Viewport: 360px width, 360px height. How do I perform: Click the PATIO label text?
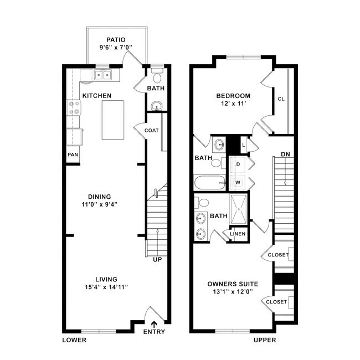click(x=116, y=40)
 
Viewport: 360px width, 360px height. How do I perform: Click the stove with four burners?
click(x=73, y=107)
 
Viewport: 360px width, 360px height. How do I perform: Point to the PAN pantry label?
click(x=73, y=155)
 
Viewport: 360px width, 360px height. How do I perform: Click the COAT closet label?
click(x=151, y=131)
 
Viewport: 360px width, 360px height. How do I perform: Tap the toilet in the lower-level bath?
click(x=156, y=72)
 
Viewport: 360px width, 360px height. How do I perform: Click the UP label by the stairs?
click(x=157, y=259)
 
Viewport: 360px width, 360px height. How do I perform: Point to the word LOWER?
click(x=74, y=340)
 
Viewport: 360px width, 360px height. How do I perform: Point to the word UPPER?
click(x=265, y=340)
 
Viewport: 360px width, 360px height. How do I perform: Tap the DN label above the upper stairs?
click(x=285, y=154)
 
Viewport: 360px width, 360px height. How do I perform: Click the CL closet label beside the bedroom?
click(x=281, y=100)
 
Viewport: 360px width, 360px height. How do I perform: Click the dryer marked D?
click(x=238, y=164)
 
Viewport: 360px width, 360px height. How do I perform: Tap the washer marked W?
click(x=238, y=182)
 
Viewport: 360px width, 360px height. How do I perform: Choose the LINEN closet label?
click(x=238, y=234)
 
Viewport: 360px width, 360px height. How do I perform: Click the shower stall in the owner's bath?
click(x=238, y=209)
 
